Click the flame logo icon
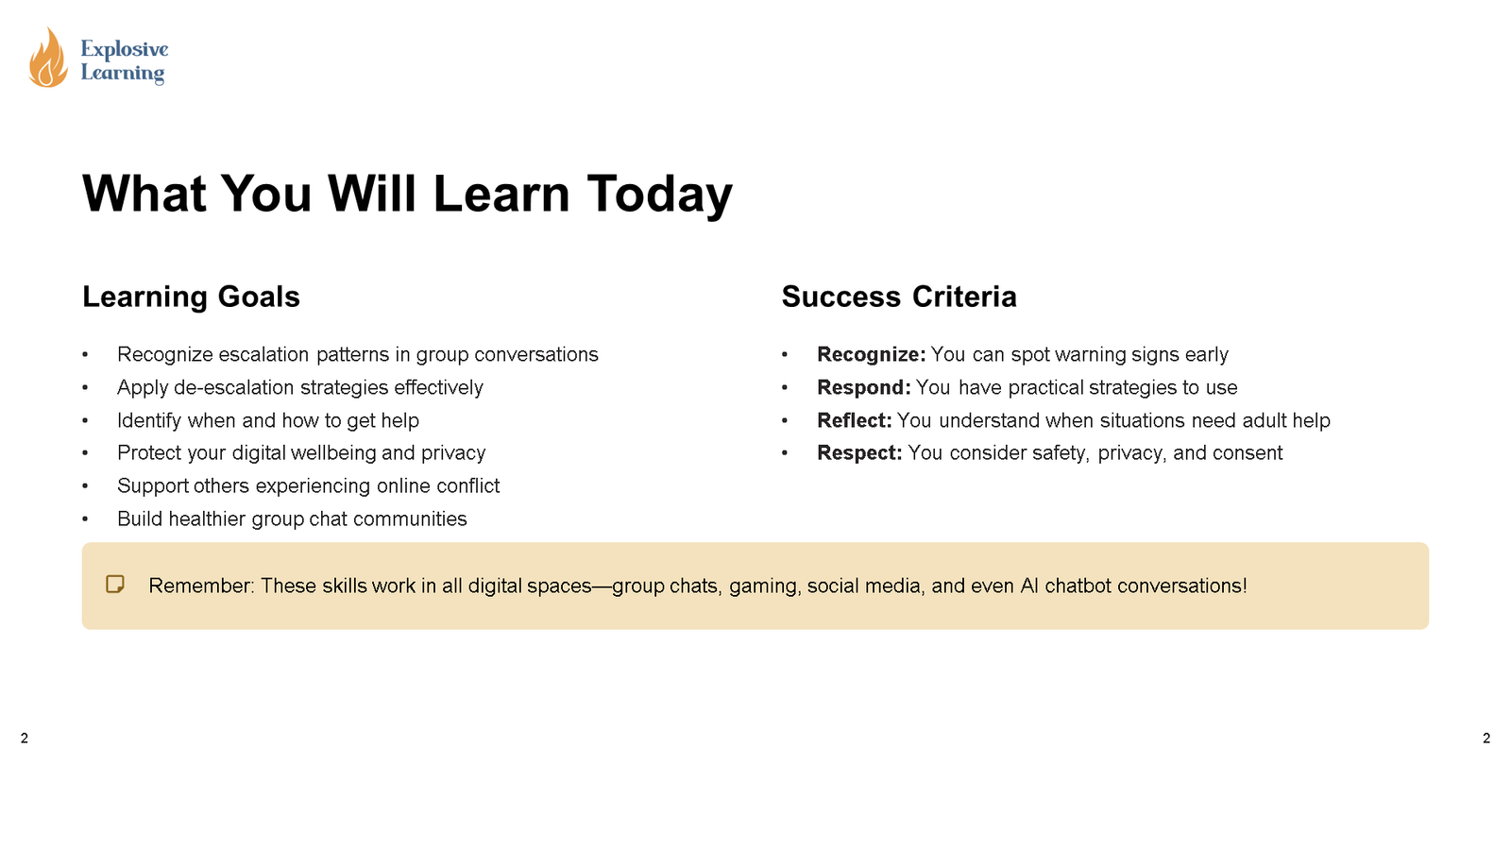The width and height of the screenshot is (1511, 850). [x=48, y=58]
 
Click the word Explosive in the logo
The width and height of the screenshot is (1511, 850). [x=125, y=49]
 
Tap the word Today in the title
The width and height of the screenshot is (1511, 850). [x=659, y=195]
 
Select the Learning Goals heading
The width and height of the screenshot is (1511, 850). [x=191, y=297]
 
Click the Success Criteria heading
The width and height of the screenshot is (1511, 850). [x=899, y=297]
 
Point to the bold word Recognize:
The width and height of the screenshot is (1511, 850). [x=871, y=355]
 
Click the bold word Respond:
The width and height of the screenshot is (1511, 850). [x=863, y=388]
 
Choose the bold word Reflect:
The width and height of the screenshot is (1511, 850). [x=854, y=420]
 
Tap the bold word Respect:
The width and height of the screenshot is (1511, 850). [x=859, y=452]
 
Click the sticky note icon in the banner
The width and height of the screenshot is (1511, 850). [x=115, y=585]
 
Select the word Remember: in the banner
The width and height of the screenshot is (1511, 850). [x=202, y=586]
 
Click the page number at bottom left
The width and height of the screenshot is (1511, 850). [x=25, y=739]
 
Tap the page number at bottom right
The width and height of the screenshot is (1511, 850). [x=1486, y=739]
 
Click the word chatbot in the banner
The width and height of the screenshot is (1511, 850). [x=1078, y=586]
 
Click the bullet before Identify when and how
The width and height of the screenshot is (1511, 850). [x=85, y=421]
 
